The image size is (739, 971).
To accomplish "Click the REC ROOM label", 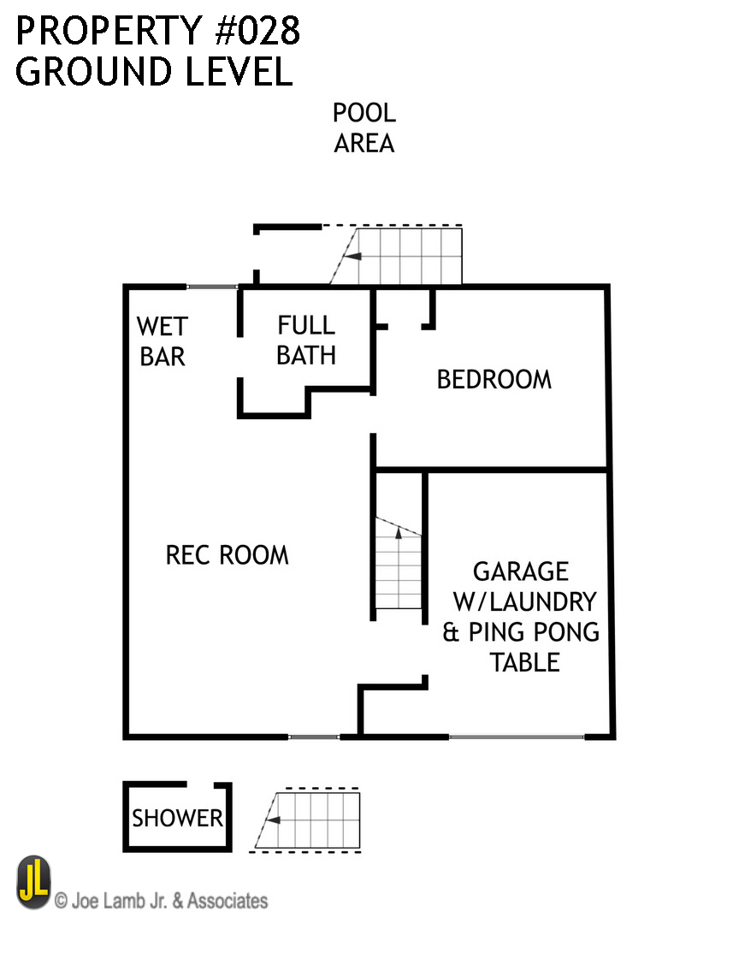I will pyautogui.click(x=227, y=555).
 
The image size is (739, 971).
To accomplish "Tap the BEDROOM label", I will pyautogui.click(x=494, y=379).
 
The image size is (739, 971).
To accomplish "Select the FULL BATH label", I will pyautogui.click(x=305, y=340).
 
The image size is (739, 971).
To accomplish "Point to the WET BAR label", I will pyautogui.click(x=162, y=341).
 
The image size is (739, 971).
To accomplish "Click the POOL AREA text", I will pyautogui.click(x=364, y=128).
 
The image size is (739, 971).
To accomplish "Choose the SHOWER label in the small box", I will pyautogui.click(x=177, y=818).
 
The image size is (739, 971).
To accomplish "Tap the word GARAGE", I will pyautogui.click(x=520, y=571).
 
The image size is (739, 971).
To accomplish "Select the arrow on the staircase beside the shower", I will pyautogui.click(x=274, y=820).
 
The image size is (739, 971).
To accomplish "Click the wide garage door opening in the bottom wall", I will pyautogui.click(x=516, y=737).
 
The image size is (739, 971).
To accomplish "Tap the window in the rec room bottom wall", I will pyautogui.click(x=313, y=737).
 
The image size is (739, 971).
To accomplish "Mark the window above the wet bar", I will pyautogui.click(x=211, y=287).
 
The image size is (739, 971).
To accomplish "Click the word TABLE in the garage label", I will pyautogui.click(x=524, y=662).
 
